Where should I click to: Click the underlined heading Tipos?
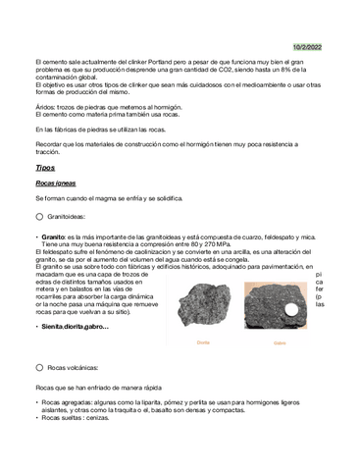point(45,168)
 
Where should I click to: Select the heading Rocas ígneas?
point(56,183)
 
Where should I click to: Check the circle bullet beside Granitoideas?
point(39,217)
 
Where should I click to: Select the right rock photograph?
point(279,304)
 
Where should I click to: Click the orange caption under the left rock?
point(203,342)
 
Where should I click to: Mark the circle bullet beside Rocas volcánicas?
point(39,367)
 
